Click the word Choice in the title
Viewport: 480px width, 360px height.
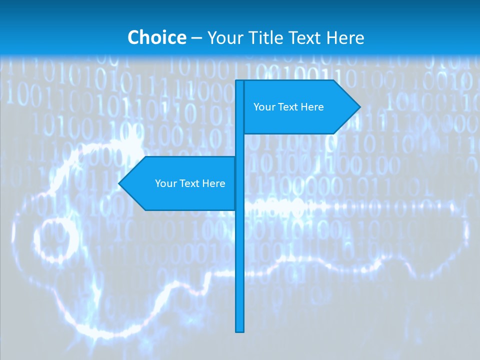[156, 37]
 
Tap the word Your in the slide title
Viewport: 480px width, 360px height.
[225, 37]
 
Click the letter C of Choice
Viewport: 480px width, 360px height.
[134, 37]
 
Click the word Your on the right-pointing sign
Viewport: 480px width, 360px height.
[264, 107]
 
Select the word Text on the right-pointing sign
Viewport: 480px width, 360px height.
[288, 107]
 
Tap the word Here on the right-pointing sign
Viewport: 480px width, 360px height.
[312, 107]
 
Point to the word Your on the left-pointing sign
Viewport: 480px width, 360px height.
[166, 183]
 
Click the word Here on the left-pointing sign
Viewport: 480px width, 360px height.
[214, 183]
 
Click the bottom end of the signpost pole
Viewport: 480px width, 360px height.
[240, 330]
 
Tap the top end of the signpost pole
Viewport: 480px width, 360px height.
[240, 82]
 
